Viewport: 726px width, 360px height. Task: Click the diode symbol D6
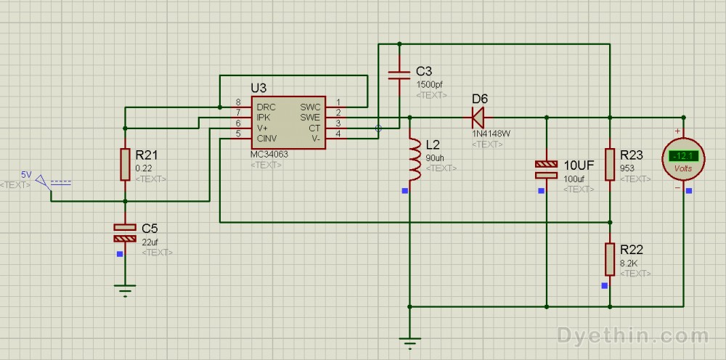(478, 116)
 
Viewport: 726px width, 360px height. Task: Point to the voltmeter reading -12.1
(683, 155)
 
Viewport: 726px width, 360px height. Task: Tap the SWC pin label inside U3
(310, 107)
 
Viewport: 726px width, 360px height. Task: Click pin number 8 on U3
(237, 102)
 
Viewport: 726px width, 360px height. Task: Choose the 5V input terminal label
(26, 175)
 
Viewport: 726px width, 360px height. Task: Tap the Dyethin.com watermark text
(633, 335)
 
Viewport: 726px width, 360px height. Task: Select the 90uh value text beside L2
(436, 157)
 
